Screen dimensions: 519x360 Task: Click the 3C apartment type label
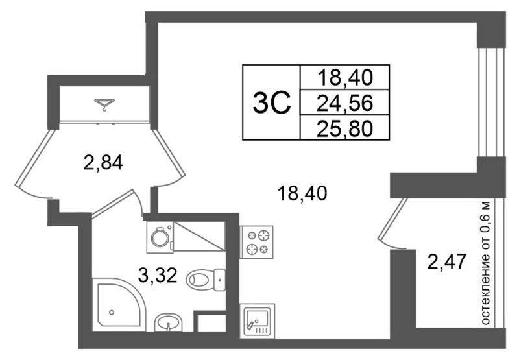pos(272,102)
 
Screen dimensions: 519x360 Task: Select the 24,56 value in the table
pos(344,103)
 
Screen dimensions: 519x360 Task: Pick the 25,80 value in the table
pos(344,128)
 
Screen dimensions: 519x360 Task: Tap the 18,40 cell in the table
pos(344,78)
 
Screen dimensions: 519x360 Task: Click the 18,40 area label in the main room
pos(302,193)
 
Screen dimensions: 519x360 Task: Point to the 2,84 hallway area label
pos(103,162)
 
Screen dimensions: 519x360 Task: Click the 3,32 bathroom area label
pos(158,275)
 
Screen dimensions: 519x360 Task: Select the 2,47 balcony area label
pos(447,261)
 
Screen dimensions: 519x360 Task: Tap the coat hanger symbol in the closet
pos(104,104)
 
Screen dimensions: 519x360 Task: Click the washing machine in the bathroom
pos(160,237)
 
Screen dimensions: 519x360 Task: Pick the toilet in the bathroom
pos(206,280)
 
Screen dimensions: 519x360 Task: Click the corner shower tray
pos(119,305)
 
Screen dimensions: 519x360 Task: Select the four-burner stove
pos(256,242)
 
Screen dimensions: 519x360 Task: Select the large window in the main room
pos(491,102)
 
